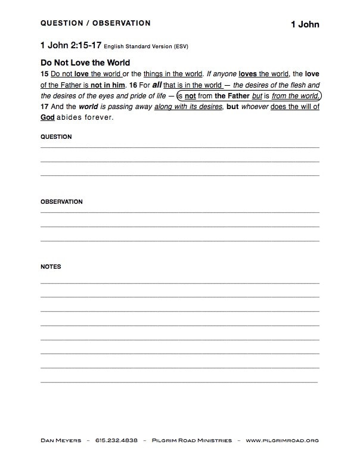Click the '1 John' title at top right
pyautogui.click(x=305, y=24)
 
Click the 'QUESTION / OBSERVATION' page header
pyautogui.click(x=95, y=23)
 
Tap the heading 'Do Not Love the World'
pyautogui.click(x=85, y=63)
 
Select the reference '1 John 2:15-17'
pyautogui.click(x=70, y=45)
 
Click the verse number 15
pyautogui.click(x=45, y=74)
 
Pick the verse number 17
pyautogui.click(x=45, y=107)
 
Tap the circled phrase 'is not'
pyautogui.click(x=187, y=96)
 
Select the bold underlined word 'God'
pyautogui.click(x=47, y=117)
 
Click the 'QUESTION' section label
pyautogui.click(x=56, y=137)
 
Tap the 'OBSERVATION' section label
pyautogui.click(x=61, y=202)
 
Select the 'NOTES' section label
pyautogui.click(x=51, y=267)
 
